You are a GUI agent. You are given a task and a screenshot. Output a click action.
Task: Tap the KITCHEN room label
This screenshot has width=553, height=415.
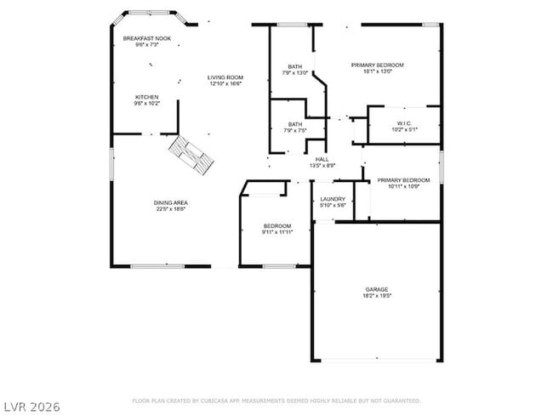(146, 97)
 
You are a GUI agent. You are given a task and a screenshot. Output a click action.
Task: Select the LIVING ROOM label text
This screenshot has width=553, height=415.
(225, 77)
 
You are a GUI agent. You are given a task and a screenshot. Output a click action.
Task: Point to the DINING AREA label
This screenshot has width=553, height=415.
(170, 202)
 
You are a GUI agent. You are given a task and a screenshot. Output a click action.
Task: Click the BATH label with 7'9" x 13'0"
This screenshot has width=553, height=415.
(294, 66)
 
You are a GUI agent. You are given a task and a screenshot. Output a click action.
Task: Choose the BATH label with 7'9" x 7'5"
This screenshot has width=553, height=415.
(294, 124)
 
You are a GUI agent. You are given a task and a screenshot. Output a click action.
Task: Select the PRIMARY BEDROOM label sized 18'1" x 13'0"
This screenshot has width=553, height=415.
(378, 65)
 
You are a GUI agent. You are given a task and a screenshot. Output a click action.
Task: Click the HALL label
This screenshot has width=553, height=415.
(322, 159)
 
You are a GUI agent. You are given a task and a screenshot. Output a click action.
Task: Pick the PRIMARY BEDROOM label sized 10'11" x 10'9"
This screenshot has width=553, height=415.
(403, 180)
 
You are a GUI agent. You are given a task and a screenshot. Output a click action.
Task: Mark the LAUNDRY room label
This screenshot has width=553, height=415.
(332, 199)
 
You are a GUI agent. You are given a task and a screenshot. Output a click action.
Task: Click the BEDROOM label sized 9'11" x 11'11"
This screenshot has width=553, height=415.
(276, 225)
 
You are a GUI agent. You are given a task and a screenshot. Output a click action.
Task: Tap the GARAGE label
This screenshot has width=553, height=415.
(376, 289)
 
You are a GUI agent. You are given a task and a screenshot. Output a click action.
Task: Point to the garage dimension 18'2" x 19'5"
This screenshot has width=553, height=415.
(376, 296)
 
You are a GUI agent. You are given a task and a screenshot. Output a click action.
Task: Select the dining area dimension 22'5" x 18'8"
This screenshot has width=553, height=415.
(170, 208)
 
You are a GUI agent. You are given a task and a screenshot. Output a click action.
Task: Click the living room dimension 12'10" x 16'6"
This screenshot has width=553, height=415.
(225, 83)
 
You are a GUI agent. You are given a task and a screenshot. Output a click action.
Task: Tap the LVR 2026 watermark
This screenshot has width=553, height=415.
(31, 406)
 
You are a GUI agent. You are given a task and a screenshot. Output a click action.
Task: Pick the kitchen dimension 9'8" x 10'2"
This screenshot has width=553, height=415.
(146, 103)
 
